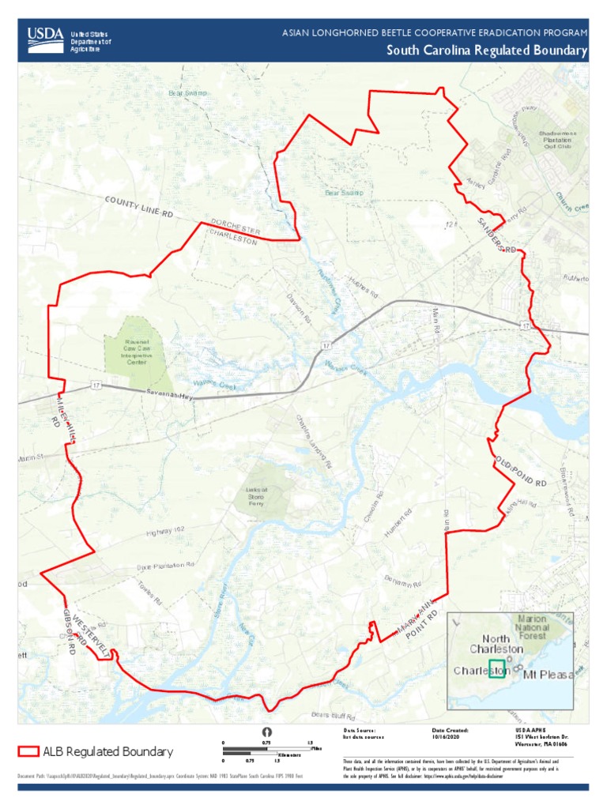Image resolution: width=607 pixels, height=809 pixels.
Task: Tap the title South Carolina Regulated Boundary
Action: [487, 51]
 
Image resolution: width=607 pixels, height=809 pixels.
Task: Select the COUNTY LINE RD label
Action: [138, 207]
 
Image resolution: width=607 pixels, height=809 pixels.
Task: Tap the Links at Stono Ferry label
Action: [256, 496]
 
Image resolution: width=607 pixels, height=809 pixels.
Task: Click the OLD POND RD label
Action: [521, 472]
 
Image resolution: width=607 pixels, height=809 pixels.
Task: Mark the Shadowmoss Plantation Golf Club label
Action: [557, 140]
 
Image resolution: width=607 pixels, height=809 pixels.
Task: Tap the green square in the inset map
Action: [497, 668]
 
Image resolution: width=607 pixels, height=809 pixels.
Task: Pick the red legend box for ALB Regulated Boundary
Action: [29, 751]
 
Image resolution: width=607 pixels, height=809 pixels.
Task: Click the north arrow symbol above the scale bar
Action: [266, 732]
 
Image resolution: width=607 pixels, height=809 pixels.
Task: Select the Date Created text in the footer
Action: [451, 731]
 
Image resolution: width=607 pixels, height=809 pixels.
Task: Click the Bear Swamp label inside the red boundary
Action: [344, 192]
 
